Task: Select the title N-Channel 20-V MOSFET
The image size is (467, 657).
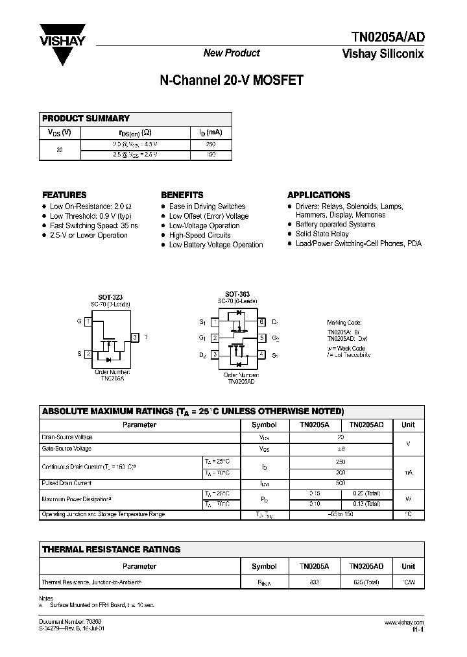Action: click(x=231, y=81)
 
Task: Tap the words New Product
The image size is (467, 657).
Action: click(x=232, y=53)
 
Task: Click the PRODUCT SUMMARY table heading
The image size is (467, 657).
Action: click(x=86, y=118)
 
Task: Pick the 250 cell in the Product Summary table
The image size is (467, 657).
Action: click(x=210, y=144)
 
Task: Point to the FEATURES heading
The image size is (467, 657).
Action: click(x=64, y=195)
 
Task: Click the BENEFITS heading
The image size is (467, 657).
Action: click(x=182, y=195)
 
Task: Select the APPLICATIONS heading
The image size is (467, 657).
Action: click(x=318, y=195)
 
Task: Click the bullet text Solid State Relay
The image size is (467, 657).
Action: click(x=322, y=234)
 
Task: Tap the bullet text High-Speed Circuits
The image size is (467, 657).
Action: click(x=200, y=235)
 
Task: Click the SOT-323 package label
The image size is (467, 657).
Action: click(x=110, y=297)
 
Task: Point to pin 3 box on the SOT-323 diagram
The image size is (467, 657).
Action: click(x=134, y=337)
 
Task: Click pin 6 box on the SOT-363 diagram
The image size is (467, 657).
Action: click(x=261, y=322)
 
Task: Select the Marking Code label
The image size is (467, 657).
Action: click(x=344, y=323)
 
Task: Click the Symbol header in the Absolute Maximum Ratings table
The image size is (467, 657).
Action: click(x=264, y=425)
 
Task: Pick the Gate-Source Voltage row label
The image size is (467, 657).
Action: click(x=66, y=449)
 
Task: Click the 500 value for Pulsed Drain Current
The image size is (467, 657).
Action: click(x=340, y=484)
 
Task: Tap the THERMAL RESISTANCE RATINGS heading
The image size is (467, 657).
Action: click(x=111, y=549)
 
